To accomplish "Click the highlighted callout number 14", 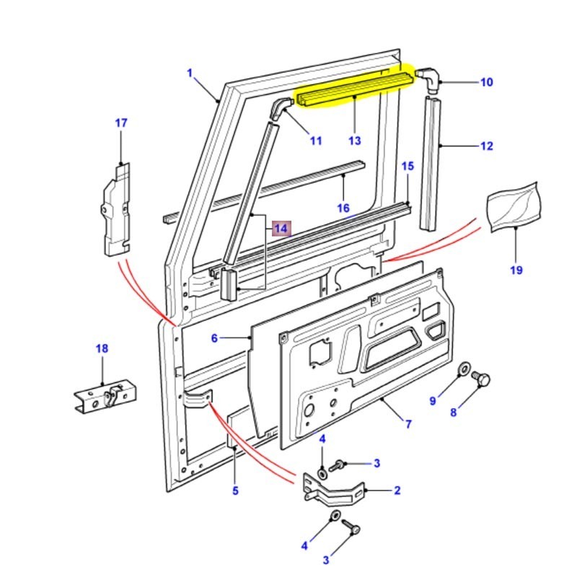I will point(281,229).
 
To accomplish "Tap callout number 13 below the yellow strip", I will point(354,141).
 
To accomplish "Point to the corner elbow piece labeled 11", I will point(280,108).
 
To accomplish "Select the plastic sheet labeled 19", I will point(515,205).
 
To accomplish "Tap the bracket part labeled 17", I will point(115,209).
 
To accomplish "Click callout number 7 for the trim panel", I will point(408,424).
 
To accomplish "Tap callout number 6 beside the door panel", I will point(214,338).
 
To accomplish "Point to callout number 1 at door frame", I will point(190,73).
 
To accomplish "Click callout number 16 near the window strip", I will point(343,208).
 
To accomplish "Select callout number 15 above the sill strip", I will point(408,167).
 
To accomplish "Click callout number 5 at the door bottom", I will point(234,491).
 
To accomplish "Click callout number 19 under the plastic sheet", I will point(516,270).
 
